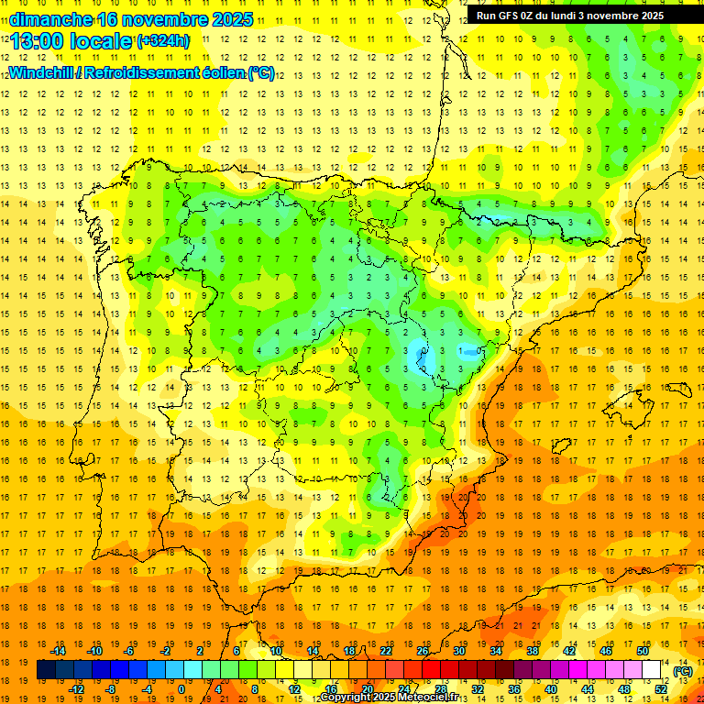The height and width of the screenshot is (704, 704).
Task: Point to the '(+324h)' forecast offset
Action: [163, 40]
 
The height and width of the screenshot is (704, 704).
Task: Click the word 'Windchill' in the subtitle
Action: [41, 72]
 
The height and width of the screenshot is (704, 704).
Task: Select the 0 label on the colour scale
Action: [181, 689]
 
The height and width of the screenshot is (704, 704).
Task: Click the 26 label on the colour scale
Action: [423, 650]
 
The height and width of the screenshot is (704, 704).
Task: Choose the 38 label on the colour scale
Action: [532, 650]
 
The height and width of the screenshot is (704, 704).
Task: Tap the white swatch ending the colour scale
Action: [651, 670]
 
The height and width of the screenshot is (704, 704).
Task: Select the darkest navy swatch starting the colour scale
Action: [46, 670]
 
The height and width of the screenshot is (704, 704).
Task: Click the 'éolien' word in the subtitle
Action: [225, 72]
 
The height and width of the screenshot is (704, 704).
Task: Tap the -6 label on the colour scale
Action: [129, 650]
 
